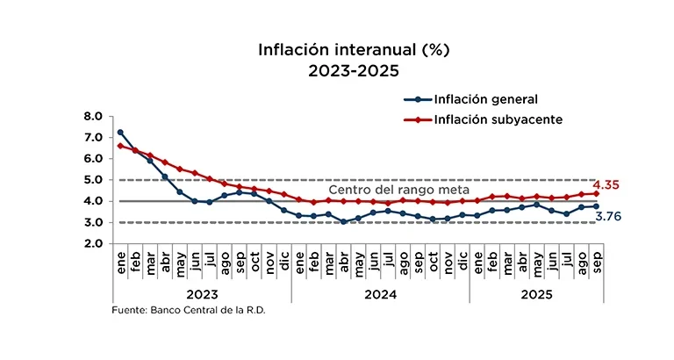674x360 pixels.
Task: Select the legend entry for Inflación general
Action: coord(486,99)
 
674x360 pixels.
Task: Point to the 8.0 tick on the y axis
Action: coord(94,116)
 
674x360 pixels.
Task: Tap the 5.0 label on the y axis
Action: coord(94,180)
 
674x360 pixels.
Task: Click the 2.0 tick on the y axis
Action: coord(94,244)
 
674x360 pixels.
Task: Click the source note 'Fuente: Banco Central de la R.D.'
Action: coord(188,311)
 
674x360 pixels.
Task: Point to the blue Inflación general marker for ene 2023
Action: coord(121,133)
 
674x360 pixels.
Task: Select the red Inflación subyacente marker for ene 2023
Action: coord(121,146)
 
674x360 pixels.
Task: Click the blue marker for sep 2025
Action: coord(597,206)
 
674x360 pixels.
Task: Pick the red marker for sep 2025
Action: coord(597,193)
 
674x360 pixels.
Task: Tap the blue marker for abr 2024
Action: coord(344,222)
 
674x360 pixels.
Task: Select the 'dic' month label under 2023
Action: coord(284,262)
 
